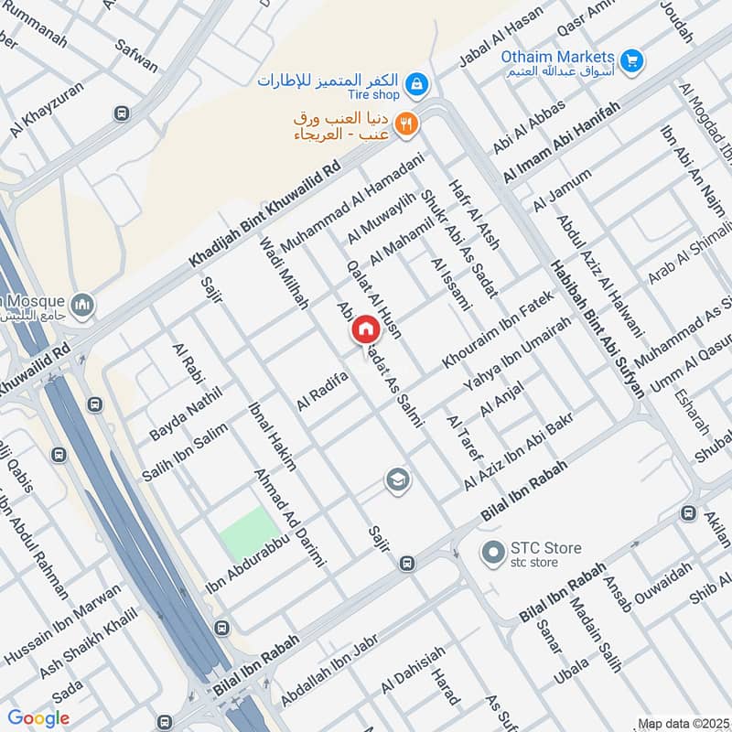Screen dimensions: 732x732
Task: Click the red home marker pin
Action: click(x=365, y=329)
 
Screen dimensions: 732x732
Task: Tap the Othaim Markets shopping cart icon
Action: click(x=630, y=60)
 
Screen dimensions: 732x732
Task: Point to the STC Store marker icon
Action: click(x=494, y=554)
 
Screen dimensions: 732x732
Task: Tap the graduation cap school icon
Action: click(x=397, y=479)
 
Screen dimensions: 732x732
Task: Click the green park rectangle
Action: click(x=250, y=533)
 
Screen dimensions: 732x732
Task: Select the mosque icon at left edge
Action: click(x=83, y=304)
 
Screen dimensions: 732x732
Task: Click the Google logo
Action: click(x=38, y=717)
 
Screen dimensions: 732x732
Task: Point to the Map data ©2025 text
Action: click(x=684, y=724)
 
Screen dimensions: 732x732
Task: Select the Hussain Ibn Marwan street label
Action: click(x=62, y=623)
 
